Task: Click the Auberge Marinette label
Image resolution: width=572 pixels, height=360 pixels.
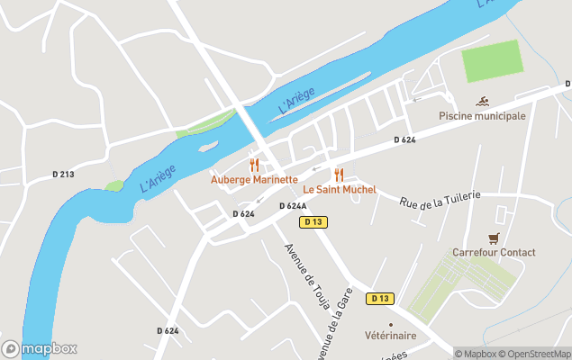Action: [x=254, y=179]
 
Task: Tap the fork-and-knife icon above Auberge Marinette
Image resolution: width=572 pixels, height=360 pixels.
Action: [x=254, y=165]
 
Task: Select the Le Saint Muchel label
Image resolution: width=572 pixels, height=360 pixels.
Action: [x=339, y=190]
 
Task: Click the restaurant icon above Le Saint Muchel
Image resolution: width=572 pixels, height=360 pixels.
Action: [x=339, y=175]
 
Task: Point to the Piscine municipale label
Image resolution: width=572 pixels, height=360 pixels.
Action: [x=482, y=116]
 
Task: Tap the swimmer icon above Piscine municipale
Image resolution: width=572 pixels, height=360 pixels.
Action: [x=482, y=101]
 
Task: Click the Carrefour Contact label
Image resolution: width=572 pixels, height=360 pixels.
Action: [x=494, y=253]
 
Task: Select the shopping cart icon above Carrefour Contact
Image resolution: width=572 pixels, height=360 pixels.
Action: [x=493, y=238]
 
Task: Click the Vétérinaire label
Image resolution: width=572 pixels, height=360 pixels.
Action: [x=390, y=336]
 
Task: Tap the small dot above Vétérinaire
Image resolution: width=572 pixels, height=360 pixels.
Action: [x=390, y=324]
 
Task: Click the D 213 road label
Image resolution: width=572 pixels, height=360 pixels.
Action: [x=63, y=174]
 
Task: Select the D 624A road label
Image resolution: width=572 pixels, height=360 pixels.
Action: [x=293, y=206]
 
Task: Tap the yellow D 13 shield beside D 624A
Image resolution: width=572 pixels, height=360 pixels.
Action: [x=313, y=221]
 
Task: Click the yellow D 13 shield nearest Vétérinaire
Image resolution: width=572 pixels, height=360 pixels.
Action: [x=380, y=298]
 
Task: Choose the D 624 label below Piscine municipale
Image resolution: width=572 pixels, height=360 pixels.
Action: [x=404, y=139]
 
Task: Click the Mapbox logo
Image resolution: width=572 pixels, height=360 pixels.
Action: [x=40, y=348]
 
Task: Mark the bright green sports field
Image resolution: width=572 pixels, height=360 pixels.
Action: [x=491, y=60]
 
